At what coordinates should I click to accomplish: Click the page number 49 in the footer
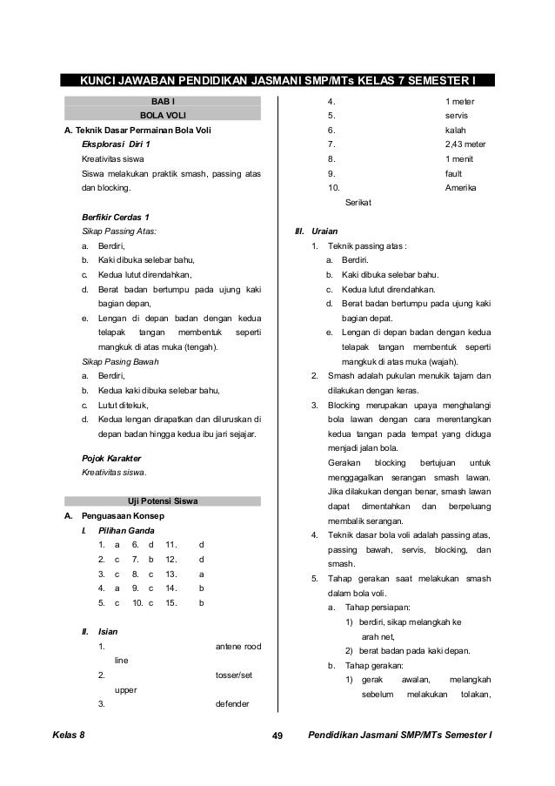(278, 737)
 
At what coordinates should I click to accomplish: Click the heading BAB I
(163, 102)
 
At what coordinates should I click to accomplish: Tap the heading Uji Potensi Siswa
(163, 500)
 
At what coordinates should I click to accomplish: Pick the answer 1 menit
(459, 159)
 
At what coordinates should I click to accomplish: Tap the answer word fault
(454, 173)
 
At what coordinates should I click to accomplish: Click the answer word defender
(231, 703)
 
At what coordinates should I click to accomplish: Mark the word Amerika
(461, 188)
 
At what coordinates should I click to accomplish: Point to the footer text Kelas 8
(69, 737)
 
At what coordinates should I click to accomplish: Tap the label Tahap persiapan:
(378, 607)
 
